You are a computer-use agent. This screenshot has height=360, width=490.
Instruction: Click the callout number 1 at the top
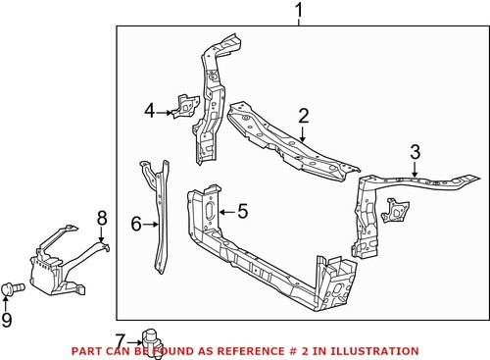(x=299, y=11)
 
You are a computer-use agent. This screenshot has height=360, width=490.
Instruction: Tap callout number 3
(x=415, y=151)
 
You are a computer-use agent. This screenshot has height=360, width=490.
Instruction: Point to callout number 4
(x=150, y=111)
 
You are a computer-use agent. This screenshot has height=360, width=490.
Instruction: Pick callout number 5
(x=243, y=209)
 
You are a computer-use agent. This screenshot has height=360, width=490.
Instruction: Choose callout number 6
(x=136, y=225)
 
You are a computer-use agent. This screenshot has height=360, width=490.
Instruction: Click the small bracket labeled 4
(x=182, y=105)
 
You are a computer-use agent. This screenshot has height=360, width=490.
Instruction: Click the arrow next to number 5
(x=226, y=209)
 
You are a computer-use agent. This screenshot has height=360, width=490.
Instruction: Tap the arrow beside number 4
(x=167, y=112)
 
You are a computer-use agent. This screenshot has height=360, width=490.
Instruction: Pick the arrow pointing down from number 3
(x=415, y=171)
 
